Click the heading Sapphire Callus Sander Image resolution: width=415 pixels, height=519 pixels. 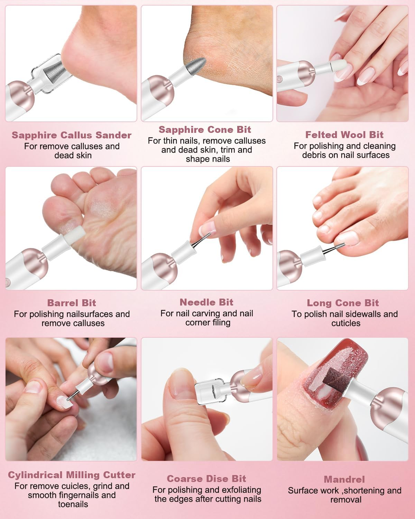[72, 135]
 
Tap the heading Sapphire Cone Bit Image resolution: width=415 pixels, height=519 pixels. [205, 130]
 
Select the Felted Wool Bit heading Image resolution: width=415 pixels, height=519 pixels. [344, 135]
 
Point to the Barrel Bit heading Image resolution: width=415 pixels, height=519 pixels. [72, 303]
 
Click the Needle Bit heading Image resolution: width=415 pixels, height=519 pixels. [206, 302]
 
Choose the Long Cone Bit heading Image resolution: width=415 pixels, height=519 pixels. [343, 303]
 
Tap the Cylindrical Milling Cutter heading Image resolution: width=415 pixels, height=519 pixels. [72, 475]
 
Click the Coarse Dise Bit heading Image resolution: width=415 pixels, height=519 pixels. [206, 479]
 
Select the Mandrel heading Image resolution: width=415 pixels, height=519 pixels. [344, 479]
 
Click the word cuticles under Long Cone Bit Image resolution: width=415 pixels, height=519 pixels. [345, 323]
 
